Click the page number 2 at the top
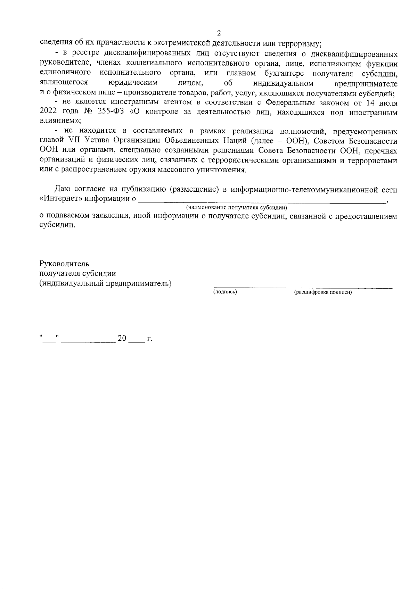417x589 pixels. [x=219, y=33]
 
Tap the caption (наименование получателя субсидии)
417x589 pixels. [x=236, y=208]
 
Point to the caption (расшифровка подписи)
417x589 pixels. [x=323, y=292]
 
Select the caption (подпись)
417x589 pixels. [x=225, y=292]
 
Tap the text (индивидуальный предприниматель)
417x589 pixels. [x=106, y=283]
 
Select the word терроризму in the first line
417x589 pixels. [x=300, y=44]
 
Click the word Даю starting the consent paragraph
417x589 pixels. [x=63, y=189]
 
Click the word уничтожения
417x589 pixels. [x=227, y=171]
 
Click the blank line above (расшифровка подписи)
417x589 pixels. [x=345, y=287]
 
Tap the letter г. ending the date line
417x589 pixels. [x=150, y=338]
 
